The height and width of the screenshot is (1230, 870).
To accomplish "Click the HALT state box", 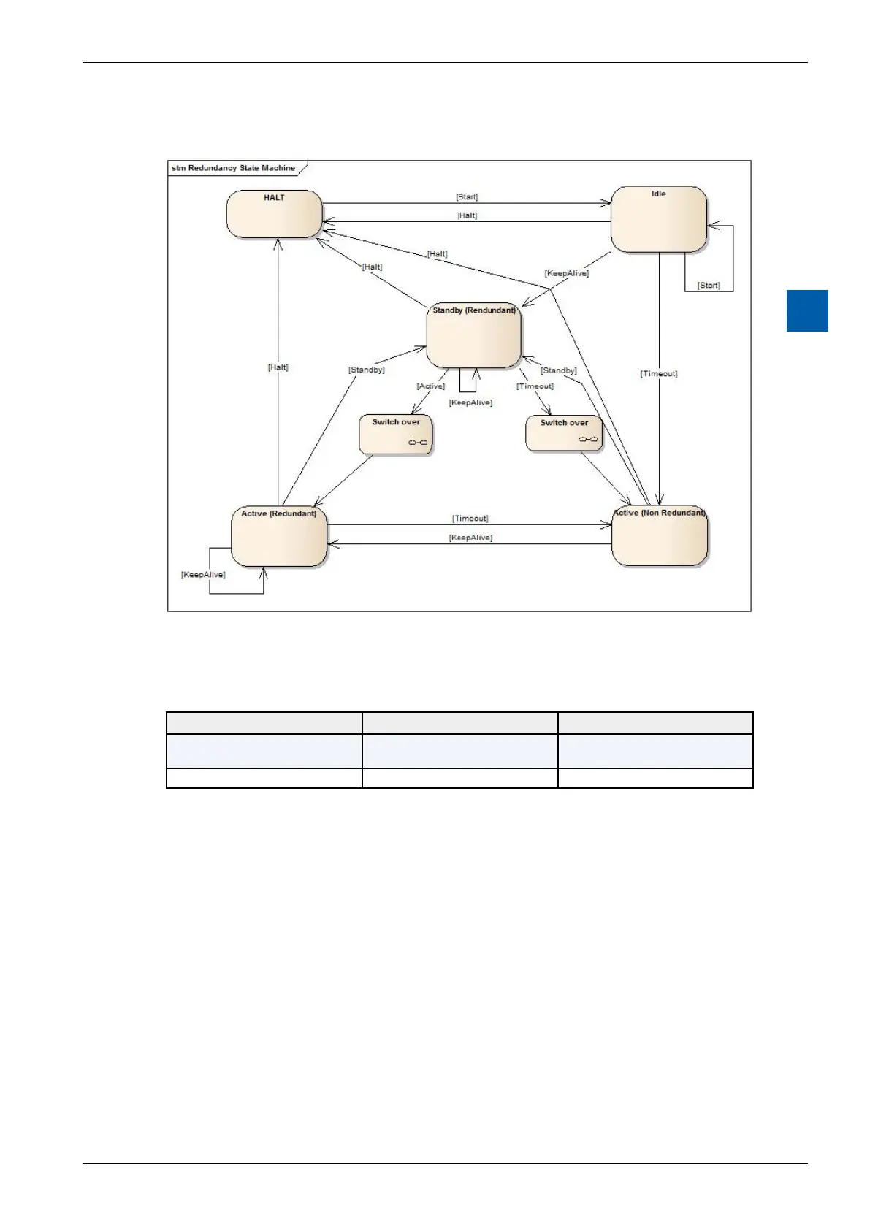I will tap(274, 214).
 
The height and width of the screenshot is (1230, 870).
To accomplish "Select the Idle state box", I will tap(658, 219).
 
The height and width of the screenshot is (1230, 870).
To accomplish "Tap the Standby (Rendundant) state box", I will tap(473, 336).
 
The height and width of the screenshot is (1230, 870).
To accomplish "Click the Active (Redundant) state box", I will tap(278, 537).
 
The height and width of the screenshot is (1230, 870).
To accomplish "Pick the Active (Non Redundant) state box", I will tap(659, 535).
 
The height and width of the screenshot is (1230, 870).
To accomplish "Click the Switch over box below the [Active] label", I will tap(396, 435).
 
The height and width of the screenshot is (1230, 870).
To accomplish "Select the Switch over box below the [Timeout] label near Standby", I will tap(564, 434).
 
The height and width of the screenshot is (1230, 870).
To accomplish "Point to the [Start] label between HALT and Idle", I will tap(467, 197).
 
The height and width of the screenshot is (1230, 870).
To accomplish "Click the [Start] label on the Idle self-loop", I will tap(709, 285).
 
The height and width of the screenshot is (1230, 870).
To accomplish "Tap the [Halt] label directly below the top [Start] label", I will tap(468, 215).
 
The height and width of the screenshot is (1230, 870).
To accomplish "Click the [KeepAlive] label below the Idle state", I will tap(567, 273).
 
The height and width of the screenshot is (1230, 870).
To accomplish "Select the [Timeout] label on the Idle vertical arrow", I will tap(659, 373).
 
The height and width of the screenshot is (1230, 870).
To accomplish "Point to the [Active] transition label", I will tap(430, 386).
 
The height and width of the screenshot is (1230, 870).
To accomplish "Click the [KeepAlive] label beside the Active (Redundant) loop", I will tap(203, 575).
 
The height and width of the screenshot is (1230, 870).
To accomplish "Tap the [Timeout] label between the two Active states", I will tap(470, 518).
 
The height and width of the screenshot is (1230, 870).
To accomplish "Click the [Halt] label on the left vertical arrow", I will tap(278, 367).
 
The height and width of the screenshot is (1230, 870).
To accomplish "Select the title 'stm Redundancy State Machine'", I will tap(234, 168).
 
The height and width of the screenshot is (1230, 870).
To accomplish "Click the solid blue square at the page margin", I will tap(807, 310).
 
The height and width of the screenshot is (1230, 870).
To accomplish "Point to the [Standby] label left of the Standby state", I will tap(367, 370).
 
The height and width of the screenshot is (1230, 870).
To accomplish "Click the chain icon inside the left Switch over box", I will tap(418, 443).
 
